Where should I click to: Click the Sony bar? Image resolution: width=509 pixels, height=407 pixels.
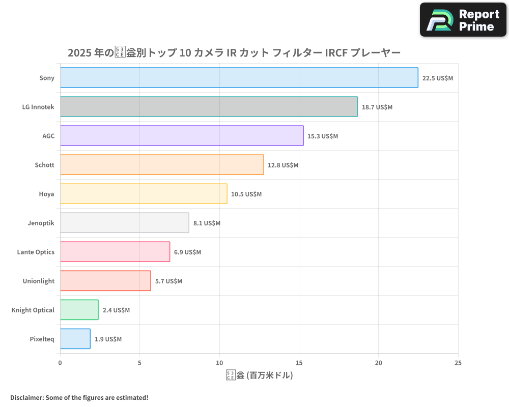coord(239,78)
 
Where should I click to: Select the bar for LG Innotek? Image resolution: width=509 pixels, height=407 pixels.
coord(209,107)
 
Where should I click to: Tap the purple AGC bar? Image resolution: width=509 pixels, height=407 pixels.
coord(182,136)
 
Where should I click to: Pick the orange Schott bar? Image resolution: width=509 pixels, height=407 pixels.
coord(162,165)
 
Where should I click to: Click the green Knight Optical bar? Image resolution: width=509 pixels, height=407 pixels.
coord(79,310)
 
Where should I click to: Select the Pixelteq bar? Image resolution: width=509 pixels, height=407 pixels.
coord(75,339)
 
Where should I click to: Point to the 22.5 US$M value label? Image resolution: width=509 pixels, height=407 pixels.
coord(437,78)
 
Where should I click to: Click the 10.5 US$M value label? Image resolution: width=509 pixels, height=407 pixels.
coord(246,194)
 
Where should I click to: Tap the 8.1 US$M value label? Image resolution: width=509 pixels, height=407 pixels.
coord(207,223)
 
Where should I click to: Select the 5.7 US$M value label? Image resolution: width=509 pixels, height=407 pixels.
coord(168,281)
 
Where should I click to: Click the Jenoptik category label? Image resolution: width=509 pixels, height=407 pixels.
coord(41,223)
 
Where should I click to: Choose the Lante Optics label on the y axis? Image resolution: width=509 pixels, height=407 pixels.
coord(36,252)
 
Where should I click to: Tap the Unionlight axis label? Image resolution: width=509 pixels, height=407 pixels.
coord(38,281)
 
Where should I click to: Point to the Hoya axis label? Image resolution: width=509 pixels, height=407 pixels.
coord(46,194)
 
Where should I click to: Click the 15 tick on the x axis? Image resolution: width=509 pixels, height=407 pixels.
coord(299,363)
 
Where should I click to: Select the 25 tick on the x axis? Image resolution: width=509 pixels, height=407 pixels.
coord(458,363)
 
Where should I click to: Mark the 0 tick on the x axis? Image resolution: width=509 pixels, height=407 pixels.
coord(60,363)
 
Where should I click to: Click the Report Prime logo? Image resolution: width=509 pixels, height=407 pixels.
coord(463,20)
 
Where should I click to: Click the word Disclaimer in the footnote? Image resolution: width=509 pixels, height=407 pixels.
coord(26,397)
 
